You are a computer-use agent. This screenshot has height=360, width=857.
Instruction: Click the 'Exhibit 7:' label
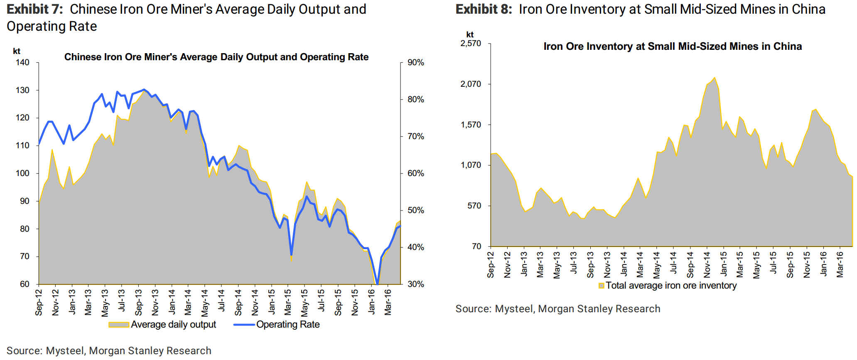34,9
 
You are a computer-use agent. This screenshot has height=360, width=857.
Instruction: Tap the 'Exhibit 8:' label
484,9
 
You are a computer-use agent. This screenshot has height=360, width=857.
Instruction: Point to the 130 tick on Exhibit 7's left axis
22,90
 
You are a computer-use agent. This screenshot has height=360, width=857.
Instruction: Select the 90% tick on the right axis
416,63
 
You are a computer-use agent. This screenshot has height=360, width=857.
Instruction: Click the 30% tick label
416,284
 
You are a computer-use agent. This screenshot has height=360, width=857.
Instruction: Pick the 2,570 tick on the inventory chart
471,44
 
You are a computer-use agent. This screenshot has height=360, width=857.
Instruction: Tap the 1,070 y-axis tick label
471,165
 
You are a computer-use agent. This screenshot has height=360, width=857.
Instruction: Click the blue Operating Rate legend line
244,325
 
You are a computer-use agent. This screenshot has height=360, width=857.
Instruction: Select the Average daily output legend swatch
119,325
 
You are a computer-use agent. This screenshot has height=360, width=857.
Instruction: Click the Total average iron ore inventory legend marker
601,286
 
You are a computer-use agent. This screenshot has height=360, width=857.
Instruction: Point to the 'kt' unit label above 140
17,51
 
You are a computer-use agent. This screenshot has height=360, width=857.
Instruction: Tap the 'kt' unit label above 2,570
470,34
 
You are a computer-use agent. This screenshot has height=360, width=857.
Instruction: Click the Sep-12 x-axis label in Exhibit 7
39,302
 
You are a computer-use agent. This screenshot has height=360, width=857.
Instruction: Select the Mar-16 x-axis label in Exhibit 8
840,264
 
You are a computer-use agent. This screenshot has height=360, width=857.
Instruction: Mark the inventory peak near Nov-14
714,78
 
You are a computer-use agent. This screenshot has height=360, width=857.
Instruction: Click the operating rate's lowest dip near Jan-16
377,284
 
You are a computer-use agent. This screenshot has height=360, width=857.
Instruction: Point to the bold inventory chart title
673,47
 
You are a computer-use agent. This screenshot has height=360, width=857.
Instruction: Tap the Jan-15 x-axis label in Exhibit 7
272,302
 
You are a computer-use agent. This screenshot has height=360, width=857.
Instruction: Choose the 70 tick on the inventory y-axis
476,247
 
